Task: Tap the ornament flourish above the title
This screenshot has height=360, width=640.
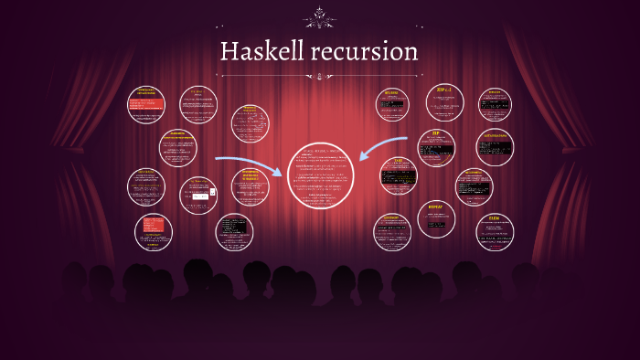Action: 319,16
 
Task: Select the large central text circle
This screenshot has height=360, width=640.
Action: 320,175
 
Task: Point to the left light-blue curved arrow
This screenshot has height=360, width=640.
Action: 248,164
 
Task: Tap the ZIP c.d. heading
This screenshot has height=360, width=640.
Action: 445,90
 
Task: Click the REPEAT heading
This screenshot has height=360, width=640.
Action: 436,207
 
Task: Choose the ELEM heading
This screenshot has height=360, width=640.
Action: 495,219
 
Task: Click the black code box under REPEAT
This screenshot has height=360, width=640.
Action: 436,224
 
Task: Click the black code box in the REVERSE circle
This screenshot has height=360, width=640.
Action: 392,105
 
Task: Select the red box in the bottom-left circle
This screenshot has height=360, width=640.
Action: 153,225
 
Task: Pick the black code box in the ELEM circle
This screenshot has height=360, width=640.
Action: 495,233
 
